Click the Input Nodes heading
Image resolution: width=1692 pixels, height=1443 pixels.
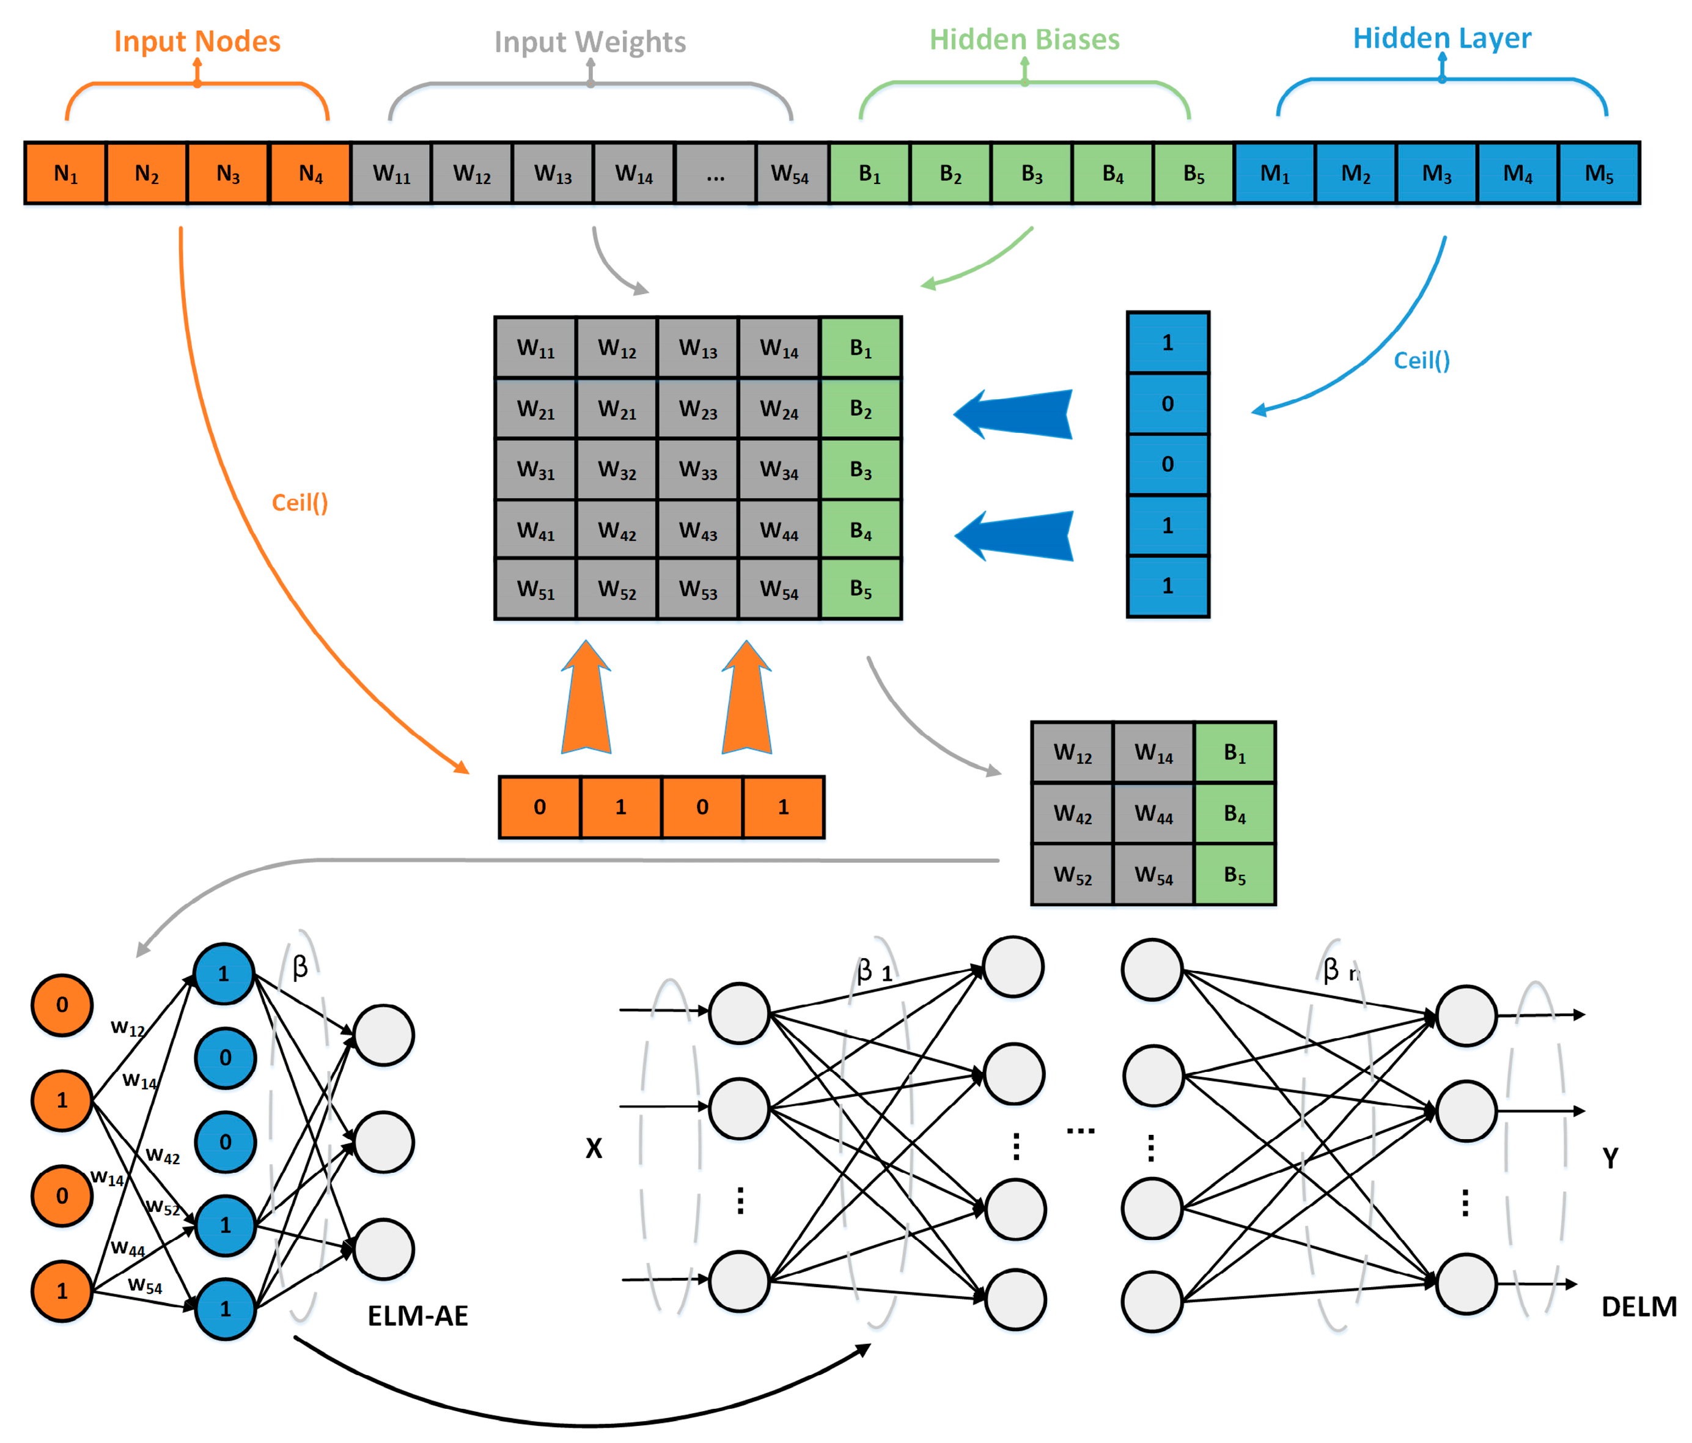pos(197,41)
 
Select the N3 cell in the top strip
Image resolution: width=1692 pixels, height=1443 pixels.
pos(228,173)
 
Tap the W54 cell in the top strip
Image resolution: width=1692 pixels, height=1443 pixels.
pos(790,173)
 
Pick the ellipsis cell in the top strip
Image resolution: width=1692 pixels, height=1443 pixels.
pos(715,173)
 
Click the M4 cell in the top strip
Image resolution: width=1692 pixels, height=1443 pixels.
pos(1517,173)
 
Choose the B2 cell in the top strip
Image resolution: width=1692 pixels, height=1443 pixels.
pos(950,173)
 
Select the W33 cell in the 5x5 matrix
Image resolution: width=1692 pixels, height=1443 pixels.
pos(697,470)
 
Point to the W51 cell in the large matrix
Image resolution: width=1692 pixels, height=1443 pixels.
pos(535,589)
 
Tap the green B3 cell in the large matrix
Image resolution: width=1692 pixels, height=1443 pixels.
pos(861,470)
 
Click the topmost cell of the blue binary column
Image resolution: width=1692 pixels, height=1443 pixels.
pos(1167,343)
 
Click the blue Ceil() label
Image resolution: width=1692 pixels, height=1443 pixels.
pos(1421,360)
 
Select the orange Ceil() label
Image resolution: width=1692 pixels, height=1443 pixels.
pos(300,502)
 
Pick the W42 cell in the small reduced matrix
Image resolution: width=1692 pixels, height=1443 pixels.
pos(1072,813)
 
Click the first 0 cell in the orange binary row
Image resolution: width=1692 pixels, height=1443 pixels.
pos(540,807)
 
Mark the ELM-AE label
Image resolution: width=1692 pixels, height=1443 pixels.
pos(417,1316)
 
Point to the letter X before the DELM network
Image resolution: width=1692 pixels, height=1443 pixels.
pos(594,1148)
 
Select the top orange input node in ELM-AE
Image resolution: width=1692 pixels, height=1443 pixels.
pos(62,1005)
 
